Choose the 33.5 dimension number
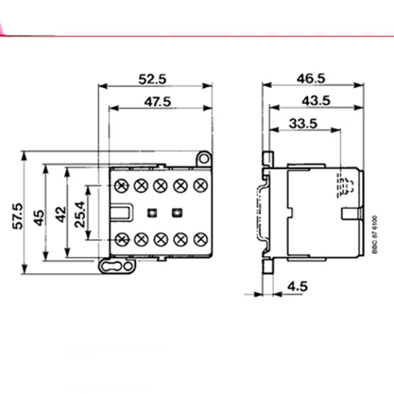[x=303, y=124]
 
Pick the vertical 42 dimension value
[x=60, y=214]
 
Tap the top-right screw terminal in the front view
[x=199, y=185]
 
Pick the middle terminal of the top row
[x=160, y=185]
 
